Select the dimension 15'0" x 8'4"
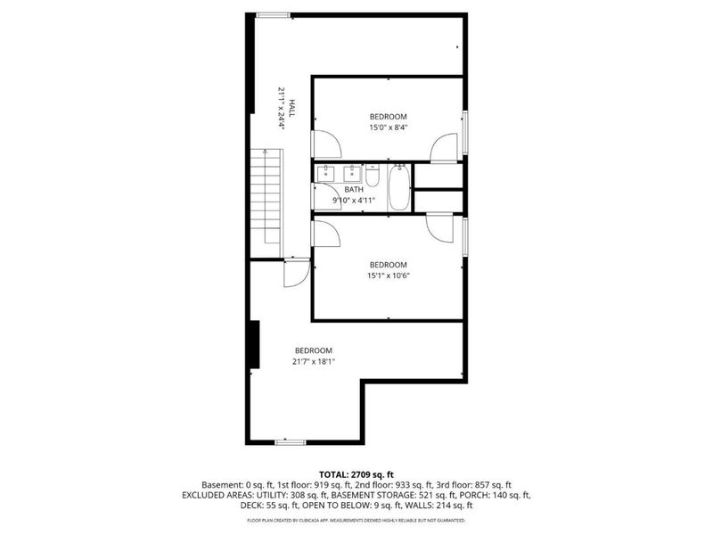click(x=389, y=128)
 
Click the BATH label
click(x=354, y=189)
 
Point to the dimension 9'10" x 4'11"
click(x=354, y=201)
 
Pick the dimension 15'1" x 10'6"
click(x=389, y=276)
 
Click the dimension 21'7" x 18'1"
click(x=314, y=361)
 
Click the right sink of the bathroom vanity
click(x=354, y=171)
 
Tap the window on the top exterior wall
click(x=273, y=14)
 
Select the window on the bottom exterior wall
click(x=290, y=441)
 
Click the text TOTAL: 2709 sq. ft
click(x=356, y=473)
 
